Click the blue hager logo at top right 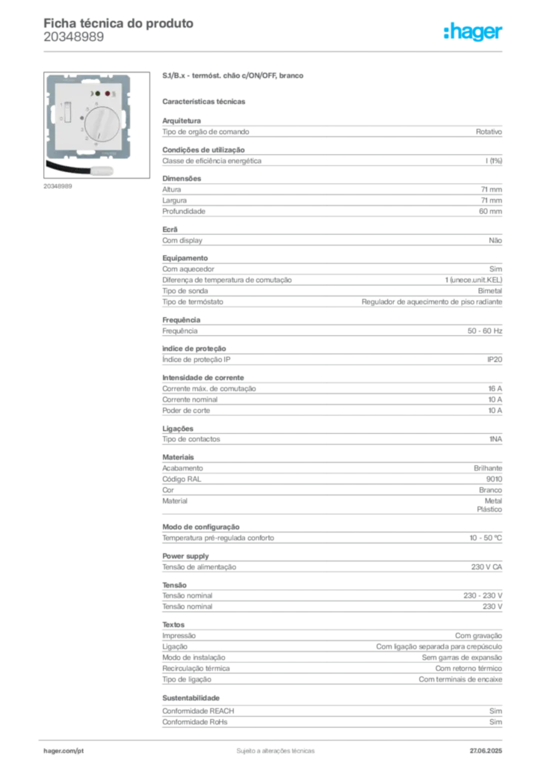point(474,32)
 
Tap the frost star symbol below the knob point(96,144)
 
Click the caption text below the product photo point(58,186)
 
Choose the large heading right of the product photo point(232,76)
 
